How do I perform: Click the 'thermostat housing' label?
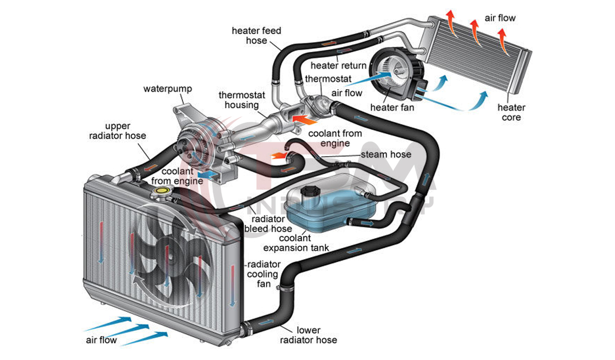tap(239, 100)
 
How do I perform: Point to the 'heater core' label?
tap(511, 113)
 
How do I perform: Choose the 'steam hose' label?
tap(386, 154)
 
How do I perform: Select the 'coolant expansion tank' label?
tap(296, 243)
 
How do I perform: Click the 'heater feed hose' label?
tap(256, 35)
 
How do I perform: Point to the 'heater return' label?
tap(339, 66)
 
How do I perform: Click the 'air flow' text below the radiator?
tap(101, 340)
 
